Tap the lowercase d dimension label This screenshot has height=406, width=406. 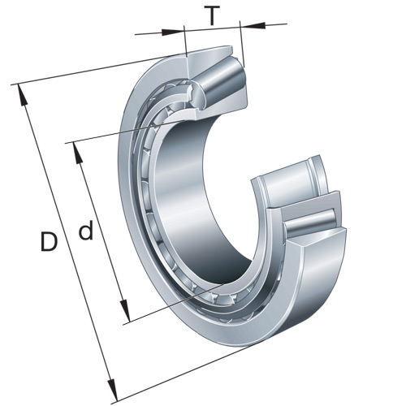85,232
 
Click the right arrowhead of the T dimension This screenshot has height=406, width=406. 252,26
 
